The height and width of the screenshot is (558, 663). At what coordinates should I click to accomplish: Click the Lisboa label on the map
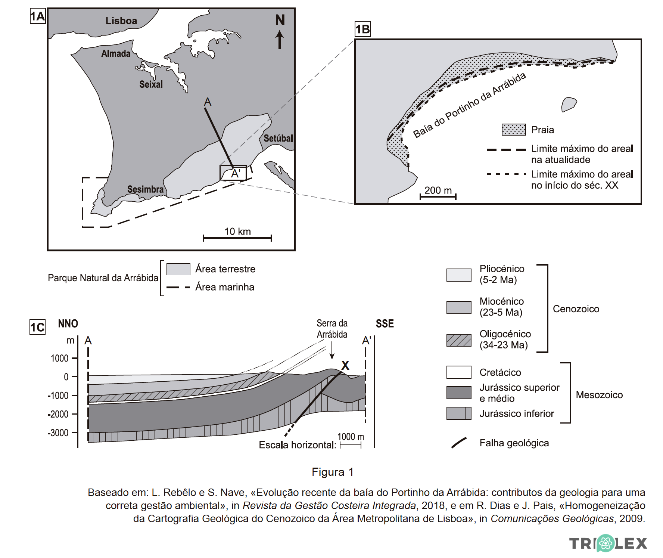click(x=121, y=21)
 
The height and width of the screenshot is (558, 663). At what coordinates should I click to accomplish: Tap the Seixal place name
click(x=151, y=84)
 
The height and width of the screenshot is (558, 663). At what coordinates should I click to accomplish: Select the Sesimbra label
click(x=146, y=189)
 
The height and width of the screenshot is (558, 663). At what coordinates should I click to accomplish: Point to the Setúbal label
click(x=278, y=138)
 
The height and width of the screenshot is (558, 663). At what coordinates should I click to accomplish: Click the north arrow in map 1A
click(x=280, y=40)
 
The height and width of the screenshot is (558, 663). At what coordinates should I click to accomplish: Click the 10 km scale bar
click(x=237, y=238)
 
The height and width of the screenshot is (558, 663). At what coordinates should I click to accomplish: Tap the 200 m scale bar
click(x=438, y=196)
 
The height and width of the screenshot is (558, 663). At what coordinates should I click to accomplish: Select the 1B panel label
click(x=362, y=29)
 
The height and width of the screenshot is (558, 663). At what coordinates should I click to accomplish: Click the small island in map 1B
click(x=569, y=104)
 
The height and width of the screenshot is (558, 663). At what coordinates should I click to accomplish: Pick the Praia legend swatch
click(x=514, y=130)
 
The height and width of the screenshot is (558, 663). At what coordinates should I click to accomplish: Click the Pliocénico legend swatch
click(x=459, y=275)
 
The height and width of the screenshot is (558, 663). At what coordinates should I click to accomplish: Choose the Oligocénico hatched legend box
click(x=459, y=340)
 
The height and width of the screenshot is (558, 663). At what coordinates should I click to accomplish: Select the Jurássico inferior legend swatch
click(x=459, y=413)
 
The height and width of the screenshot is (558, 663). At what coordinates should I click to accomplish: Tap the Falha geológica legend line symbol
click(x=459, y=443)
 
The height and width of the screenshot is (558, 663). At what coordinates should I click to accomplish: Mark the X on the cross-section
click(x=345, y=365)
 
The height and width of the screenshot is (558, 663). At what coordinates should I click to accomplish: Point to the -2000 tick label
click(x=58, y=414)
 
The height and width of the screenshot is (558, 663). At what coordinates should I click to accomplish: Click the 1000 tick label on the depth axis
click(x=60, y=358)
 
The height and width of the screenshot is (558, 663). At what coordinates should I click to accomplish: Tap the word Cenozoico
click(x=576, y=309)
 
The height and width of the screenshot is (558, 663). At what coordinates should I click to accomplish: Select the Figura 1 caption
click(x=333, y=472)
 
